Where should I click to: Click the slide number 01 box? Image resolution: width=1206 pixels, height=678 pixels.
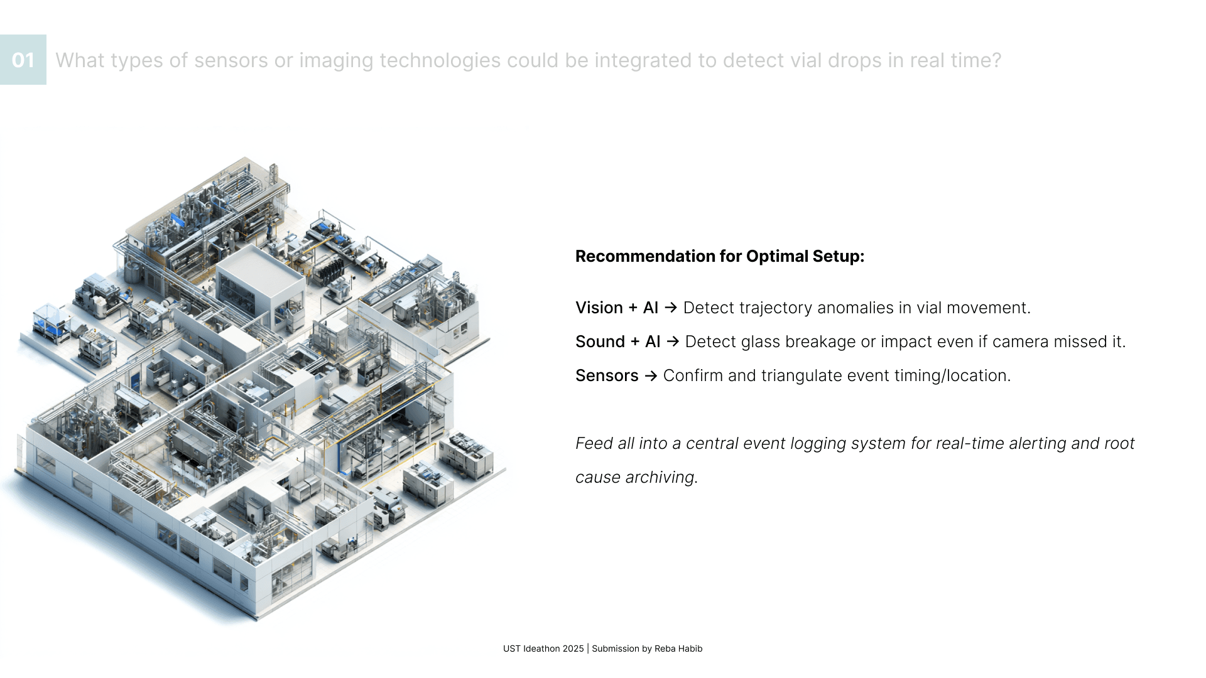click(23, 60)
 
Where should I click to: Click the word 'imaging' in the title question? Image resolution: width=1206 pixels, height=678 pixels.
click(337, 61)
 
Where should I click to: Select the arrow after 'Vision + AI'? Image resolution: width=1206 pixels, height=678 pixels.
click(671, 308)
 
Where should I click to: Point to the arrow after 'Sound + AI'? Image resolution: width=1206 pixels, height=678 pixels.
click(673, 342)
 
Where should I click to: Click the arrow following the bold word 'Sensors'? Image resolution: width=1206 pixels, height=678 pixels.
click(651, 375)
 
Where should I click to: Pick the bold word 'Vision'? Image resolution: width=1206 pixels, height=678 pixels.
click(599, 308)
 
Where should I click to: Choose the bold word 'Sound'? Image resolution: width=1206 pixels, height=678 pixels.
click(600, 342)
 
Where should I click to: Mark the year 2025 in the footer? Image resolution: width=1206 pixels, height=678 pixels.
click(573, 648)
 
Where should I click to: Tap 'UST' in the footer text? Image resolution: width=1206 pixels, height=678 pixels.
click(512, 648)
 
